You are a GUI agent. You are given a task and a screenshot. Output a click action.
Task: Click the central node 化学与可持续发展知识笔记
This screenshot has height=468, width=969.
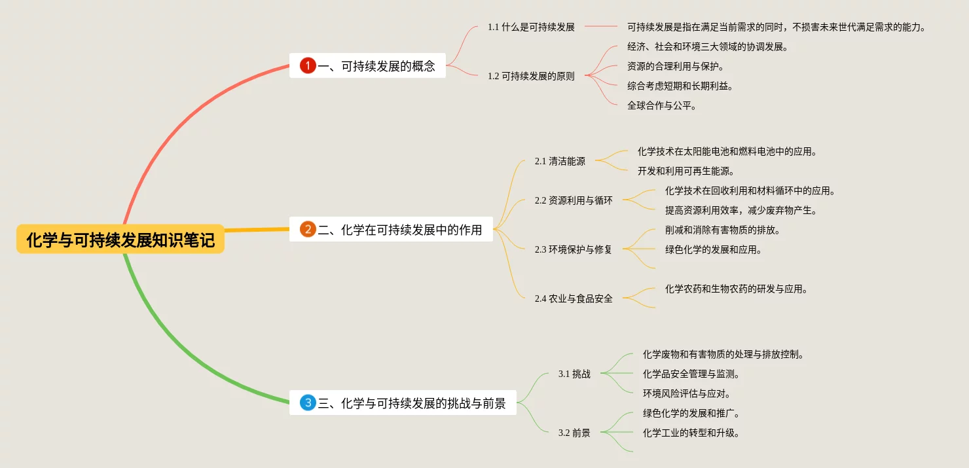point(120,240)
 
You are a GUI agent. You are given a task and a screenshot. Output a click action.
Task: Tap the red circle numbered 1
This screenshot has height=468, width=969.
point(308,65)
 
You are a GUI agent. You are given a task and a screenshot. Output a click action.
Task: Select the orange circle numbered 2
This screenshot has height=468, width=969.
point(308,230)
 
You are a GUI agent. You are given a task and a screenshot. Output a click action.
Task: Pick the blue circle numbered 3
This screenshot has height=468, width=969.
point(308,403)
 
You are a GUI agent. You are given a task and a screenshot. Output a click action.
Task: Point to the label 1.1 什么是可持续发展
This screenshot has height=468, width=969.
point(531,27)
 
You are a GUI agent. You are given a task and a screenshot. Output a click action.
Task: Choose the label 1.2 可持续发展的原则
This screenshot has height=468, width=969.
point(531,76)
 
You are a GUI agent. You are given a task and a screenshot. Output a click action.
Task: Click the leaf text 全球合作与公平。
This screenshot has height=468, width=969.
point(662,105)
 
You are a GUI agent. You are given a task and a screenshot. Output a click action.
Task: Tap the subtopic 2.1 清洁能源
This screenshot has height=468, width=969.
point(560,161)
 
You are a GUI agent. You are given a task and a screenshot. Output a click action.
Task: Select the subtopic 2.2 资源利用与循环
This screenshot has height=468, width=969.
point(574,200)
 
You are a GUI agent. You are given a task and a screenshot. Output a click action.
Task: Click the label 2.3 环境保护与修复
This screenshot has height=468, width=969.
point(573,249)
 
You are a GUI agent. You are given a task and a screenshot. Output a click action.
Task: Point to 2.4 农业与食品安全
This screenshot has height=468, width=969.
point(574,298)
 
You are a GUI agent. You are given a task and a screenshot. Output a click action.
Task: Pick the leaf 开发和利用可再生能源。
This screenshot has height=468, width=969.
point(686,171)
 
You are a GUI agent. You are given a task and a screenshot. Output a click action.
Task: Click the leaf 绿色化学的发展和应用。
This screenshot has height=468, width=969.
point(714,249)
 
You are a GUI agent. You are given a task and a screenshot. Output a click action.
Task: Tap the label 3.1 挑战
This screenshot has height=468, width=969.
point(574,374)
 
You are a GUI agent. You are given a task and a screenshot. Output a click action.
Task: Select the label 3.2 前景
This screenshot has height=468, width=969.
point(574,433)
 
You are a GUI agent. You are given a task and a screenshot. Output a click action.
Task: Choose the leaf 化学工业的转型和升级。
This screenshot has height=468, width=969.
point(691,433)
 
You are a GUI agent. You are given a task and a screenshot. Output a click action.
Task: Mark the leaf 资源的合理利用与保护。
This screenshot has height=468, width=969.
point(676,66)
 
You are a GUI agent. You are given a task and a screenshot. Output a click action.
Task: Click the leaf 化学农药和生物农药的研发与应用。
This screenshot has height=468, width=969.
point(737,289)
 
